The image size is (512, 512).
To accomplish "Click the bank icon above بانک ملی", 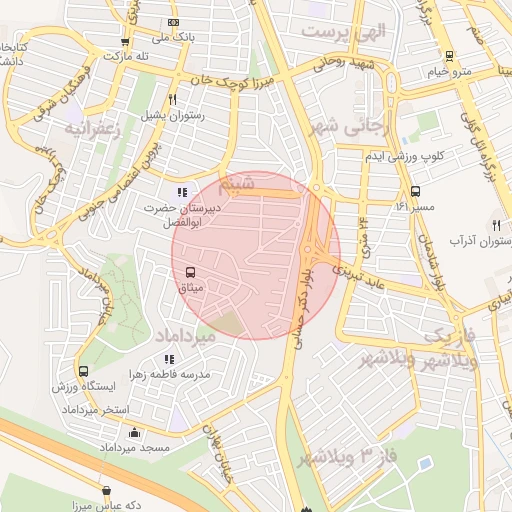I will [x=175, y=22].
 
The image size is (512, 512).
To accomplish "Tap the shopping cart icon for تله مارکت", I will [x=124, y=42].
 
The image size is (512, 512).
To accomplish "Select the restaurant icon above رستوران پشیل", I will [x=173, y=99].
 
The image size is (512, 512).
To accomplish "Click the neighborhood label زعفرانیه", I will [x=93, y=129].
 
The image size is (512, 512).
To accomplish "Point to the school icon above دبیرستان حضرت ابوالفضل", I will [x=181, y=192].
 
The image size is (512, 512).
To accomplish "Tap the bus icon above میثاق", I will [x=189, y=272].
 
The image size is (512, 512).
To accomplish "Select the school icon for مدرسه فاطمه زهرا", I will [x=166, y=358].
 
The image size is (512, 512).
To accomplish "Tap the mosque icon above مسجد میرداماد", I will [x=135, y=432].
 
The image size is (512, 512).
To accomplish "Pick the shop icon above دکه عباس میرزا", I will [x=107, y=490].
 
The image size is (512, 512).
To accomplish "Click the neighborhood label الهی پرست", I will [x=344, y=31].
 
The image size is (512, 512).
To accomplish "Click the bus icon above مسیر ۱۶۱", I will [x=415, y=191].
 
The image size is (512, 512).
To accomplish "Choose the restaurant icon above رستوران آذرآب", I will [x=497, y=225].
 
